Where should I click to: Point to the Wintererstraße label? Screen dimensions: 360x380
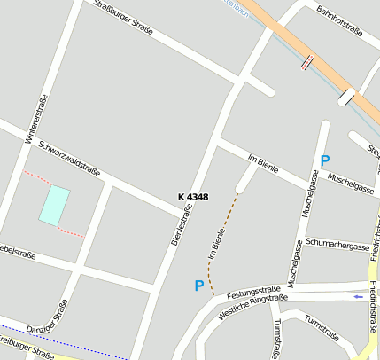35,119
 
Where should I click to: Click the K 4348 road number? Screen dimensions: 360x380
192,197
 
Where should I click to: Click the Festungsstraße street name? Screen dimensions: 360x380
253,292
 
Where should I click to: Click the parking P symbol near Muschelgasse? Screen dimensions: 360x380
325,161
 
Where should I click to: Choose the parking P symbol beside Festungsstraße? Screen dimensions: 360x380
198,286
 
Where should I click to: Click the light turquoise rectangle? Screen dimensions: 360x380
54,204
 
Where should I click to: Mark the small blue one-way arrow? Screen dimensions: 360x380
358,296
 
